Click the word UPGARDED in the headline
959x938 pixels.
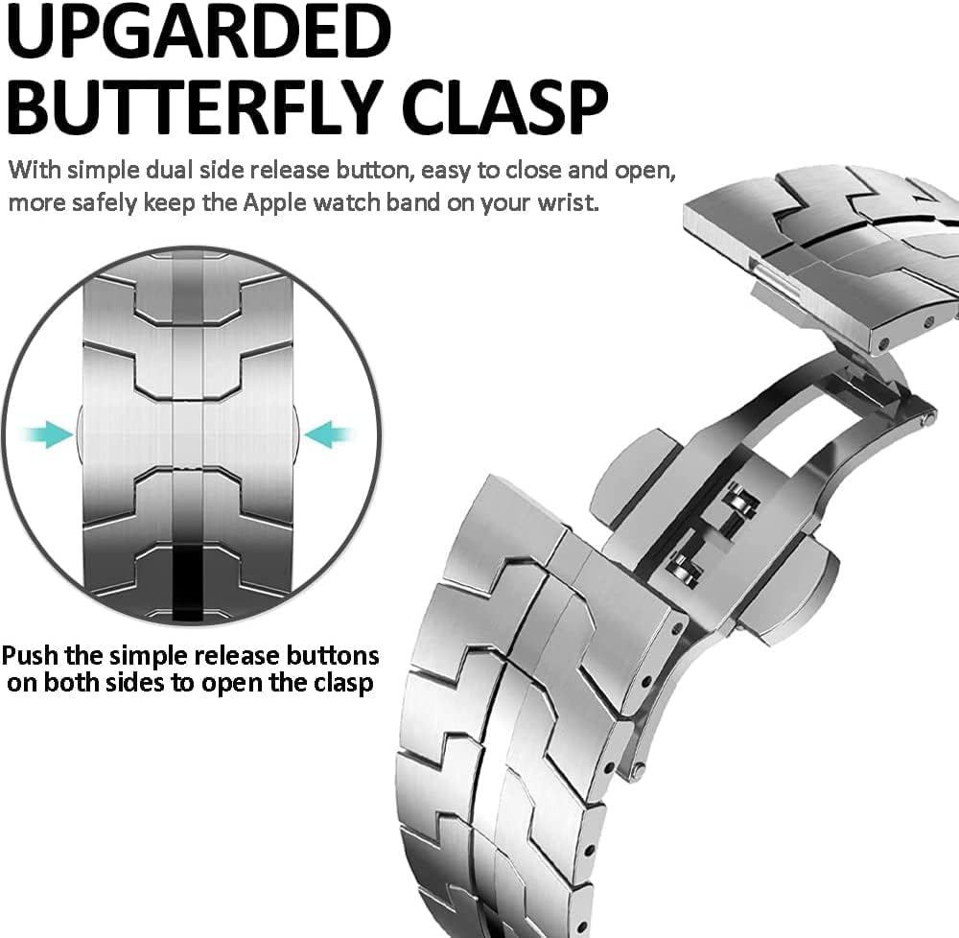tap(199, 32)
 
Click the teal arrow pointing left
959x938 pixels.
tap(329, 434)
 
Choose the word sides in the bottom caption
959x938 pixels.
tap(134, 683)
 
